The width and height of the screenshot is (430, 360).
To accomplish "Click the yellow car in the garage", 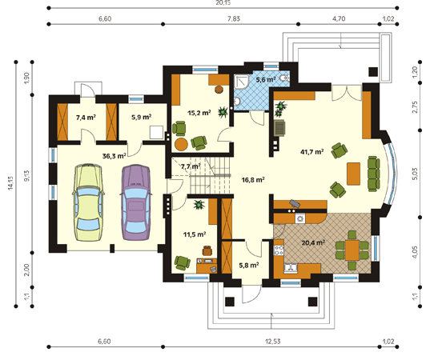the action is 88,202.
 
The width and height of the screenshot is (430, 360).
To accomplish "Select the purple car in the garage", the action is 136,202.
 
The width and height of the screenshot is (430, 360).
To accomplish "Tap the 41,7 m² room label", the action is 312,151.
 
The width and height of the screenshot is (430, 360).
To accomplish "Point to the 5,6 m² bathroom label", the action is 266,80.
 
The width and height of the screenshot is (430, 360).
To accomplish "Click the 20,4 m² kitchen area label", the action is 313,242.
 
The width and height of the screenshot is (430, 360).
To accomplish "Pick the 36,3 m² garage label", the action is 114,156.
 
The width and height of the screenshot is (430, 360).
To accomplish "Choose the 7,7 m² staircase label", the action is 191,166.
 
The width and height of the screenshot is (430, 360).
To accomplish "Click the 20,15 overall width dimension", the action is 223,2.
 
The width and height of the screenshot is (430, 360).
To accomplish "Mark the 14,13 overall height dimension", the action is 10,183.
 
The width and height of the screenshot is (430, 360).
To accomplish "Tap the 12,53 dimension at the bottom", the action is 273,342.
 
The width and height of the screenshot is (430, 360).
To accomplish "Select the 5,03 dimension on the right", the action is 415,174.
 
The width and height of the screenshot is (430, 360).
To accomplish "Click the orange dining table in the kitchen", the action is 352,250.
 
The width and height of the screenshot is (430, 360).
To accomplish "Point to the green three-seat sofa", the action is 374,174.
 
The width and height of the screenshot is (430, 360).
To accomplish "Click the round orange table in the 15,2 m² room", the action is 181,144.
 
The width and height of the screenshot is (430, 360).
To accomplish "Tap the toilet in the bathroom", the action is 284,78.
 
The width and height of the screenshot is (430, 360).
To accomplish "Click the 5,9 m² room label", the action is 142,118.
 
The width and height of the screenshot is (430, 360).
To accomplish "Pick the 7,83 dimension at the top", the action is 233,18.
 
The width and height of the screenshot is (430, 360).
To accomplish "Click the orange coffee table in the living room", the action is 353,174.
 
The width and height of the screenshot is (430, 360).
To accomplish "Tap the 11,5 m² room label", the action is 195,234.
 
